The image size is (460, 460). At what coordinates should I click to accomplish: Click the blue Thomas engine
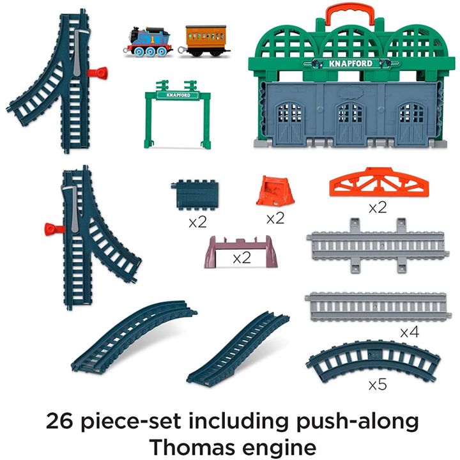[x=148, y=42]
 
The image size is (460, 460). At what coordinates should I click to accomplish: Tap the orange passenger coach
[x=204, y=40]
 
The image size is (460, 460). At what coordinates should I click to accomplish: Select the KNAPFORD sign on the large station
[x=351, y=63]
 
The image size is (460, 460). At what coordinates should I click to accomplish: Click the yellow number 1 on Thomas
[x=152, y=40]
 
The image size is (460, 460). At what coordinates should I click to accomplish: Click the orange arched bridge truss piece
[x=379, y=182]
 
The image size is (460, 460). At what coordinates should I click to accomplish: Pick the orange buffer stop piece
[x=275, y=190]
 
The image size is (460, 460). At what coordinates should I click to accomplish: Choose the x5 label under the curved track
[x=378, y=385]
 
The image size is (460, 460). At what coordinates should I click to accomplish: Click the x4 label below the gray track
[x=410, y=332]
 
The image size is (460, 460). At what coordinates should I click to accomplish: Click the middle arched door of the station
[x=351, y=123]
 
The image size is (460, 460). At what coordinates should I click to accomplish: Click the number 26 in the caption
[x=59, y=421]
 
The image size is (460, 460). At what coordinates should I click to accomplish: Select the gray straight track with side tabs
[x=378, y=246]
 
